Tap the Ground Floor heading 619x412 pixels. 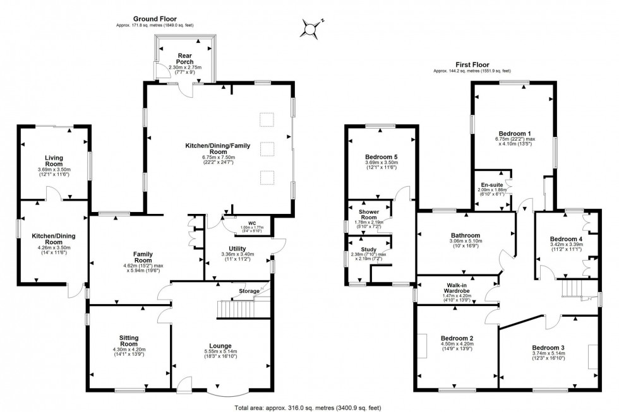click(155, 19)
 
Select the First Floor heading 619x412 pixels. click(472, 64)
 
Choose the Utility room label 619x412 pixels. click(237, 250)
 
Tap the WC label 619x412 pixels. click(251, 223)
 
